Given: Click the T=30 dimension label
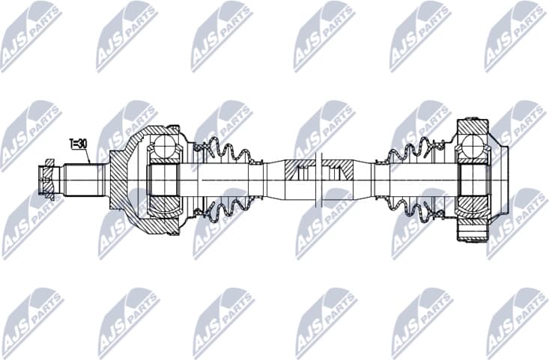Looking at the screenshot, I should tap(79, 143).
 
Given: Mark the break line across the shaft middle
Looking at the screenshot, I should tap(321, 180).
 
